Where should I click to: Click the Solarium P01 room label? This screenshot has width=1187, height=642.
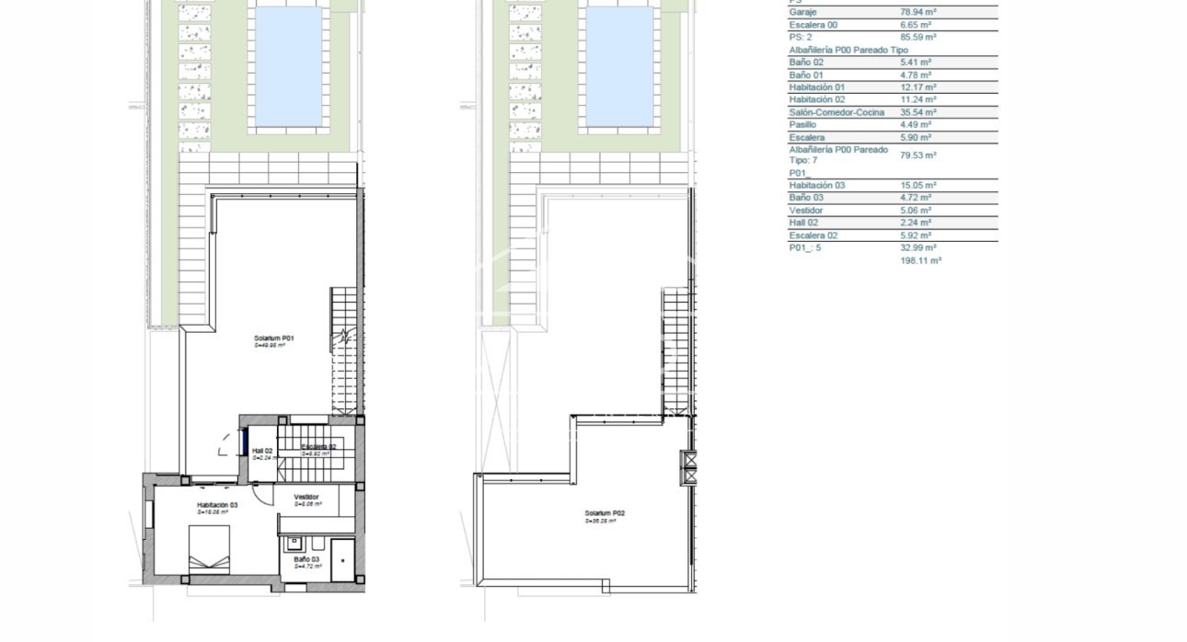pos(274,338)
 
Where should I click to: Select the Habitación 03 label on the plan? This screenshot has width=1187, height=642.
pos(217,505)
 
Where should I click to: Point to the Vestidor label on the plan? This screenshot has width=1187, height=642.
pos(306,497)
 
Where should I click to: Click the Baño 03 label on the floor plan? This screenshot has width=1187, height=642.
pos(307,559)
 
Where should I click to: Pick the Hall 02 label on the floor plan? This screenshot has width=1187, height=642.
pos(262,451)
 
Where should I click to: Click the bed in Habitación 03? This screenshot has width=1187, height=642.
pos(209,549)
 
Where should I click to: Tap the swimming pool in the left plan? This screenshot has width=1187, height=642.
pos(288,66)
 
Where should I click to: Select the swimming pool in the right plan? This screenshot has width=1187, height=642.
pos(619,66)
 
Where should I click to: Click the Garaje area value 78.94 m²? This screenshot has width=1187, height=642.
pos(917,13)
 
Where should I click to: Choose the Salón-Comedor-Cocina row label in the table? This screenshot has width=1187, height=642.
pos(836,112)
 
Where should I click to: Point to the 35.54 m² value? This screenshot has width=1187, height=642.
pos(917,112)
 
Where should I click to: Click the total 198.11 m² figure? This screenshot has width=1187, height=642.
pos(920,261)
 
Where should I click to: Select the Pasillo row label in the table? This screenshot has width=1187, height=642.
pos(802,124)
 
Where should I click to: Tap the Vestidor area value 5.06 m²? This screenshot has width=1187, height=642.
pos(916,211)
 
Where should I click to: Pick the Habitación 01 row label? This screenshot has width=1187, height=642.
pos(816,87)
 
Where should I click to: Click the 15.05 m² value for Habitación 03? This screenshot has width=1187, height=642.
pos(917,185)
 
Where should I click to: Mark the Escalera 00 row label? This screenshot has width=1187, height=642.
pos(813,25)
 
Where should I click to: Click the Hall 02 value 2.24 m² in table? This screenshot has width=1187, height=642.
pos(916,223)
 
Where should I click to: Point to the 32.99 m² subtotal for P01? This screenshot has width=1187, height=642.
pos(917,247)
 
